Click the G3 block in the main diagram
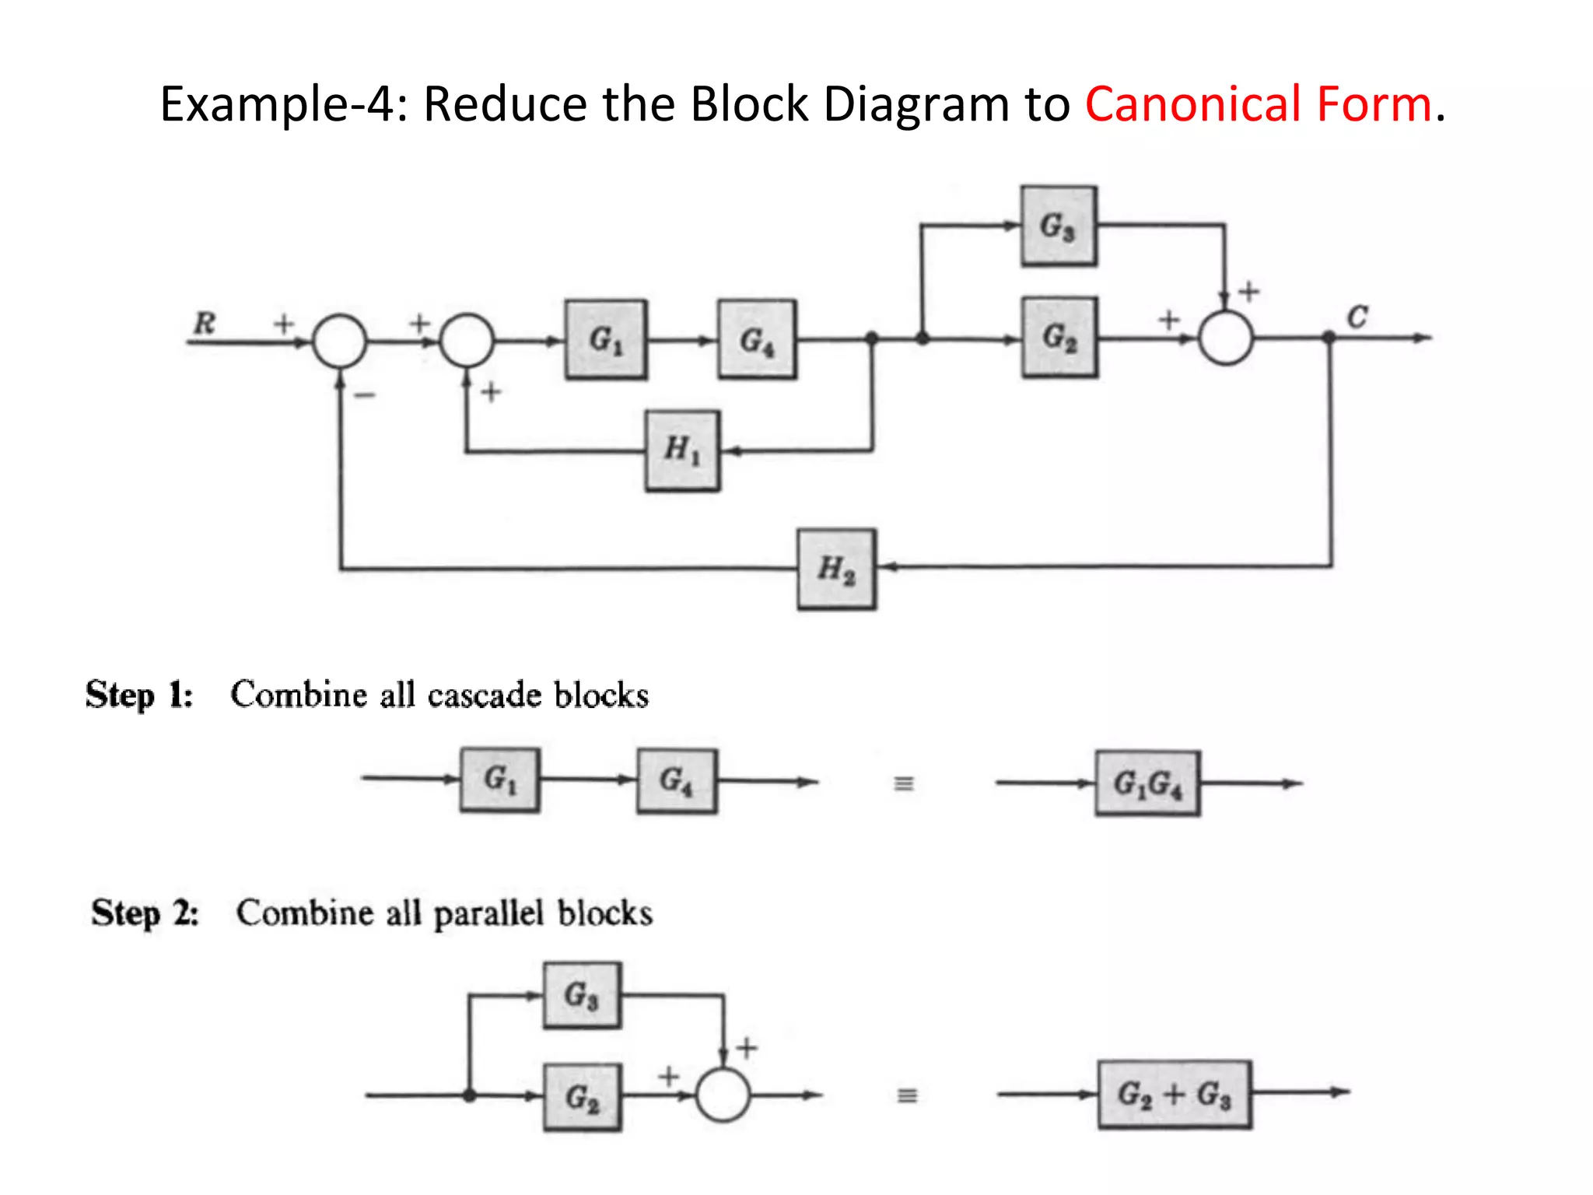(x=1059, y=226)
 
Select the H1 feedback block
(x=682, y=450)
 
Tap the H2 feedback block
(x=836, y=569)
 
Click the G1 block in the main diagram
(x=606, y=340)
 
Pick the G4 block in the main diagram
(x=757, y=340)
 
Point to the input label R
(x=205, y=322)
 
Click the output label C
(x=1357, y=317)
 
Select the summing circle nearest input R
(x=339, y=341)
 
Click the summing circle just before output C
(x=1225, y=338)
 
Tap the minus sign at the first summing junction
(x=364, y=395)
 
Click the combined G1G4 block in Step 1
(x=1147, y=783)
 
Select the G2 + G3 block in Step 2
(x=1175, y=1095)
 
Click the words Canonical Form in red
(x=1258, y=103)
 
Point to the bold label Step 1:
(x=139, y=695)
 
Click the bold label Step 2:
(x=145, y=913)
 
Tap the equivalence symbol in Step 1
(x=903, y=783)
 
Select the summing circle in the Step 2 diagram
(x=723, y=1095)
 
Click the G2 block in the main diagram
(x=1059, y=338)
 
